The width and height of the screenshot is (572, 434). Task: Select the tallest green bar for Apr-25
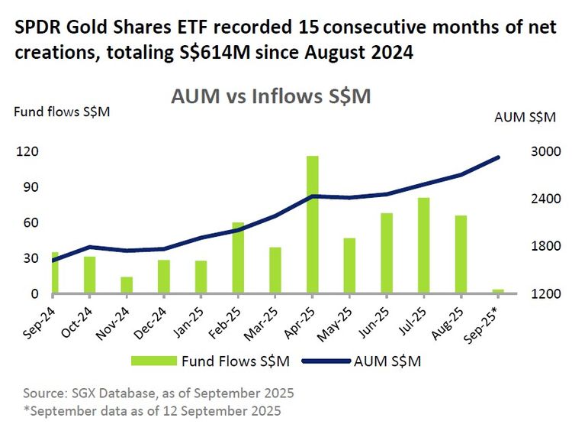click(312, 225)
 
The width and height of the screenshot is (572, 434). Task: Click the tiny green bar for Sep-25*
click(498, 291)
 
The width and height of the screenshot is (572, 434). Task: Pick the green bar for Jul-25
click(423, 246)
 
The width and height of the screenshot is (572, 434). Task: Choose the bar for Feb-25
click(238, 258)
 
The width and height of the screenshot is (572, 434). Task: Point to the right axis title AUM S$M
click(525, 117)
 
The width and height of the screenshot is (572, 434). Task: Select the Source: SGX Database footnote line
click(159, 393)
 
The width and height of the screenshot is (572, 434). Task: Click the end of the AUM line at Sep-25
click(498, 157)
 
